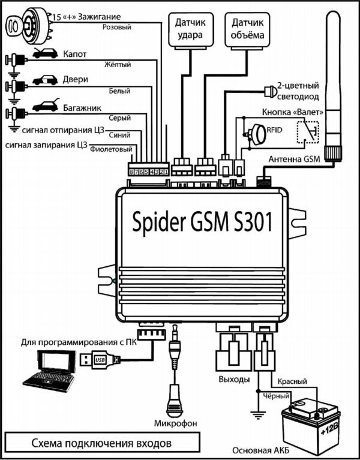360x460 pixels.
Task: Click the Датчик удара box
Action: coord(191,29)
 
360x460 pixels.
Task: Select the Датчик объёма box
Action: coord(247,29)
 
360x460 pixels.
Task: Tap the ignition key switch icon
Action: coord(28,25)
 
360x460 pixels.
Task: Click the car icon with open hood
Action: coord(45,53)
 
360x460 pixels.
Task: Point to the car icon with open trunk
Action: coord(46,105)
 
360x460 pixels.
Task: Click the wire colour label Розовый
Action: coord(117,27)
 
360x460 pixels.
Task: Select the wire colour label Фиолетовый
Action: coord(111,149)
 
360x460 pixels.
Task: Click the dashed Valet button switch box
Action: coord(307,133)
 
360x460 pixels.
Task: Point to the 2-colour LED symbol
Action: coord(270,92)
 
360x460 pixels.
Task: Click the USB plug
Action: coord(100,360)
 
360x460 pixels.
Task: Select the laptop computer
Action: coord(49,371)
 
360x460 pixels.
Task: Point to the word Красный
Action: coord(292,381)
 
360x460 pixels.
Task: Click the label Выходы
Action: coord(234,379)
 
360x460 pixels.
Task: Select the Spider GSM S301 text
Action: coord(202,221)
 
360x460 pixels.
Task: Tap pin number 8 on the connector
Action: coord(131,173)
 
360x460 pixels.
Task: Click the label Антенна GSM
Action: coord(294,159)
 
